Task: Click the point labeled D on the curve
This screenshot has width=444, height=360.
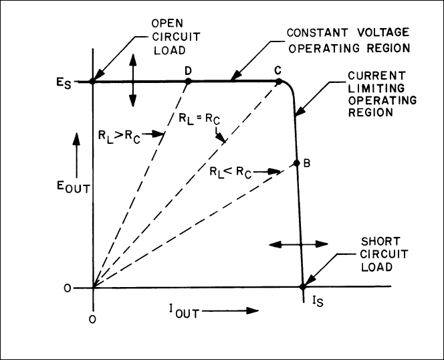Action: click(188, 82)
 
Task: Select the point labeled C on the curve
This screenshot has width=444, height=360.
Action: click(277, 82)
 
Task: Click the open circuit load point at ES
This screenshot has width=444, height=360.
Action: click(92, 82)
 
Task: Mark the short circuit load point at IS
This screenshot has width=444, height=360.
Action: click(302, 288)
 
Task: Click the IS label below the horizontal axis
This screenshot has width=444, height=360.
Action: click(308, 310)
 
